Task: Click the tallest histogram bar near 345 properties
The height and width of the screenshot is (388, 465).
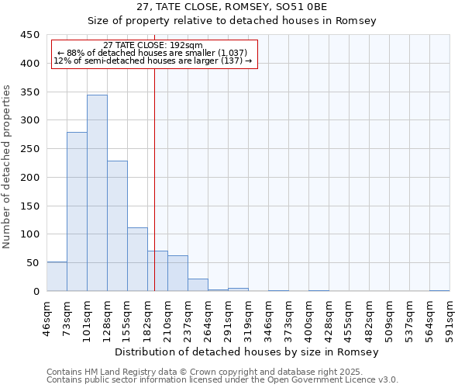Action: (97, 193)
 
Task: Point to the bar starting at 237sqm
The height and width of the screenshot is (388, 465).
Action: (198, 285)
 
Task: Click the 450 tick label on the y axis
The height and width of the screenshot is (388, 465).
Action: (30, 35)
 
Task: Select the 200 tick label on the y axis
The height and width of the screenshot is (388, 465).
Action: (30, 178)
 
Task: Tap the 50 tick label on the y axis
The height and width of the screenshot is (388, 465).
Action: (33, 263)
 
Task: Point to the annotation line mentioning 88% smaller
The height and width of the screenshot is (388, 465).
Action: (153, 53)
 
